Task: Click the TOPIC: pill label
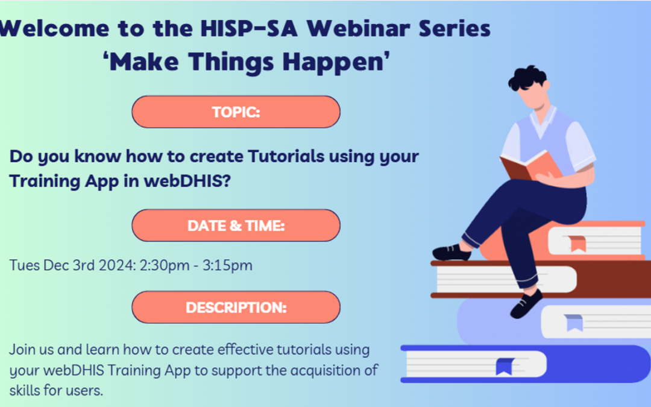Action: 236,112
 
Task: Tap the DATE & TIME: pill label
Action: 236,226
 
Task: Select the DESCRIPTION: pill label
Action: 236,308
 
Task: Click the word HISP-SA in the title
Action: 249,28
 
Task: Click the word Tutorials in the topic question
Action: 286,156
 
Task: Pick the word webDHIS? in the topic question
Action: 187,181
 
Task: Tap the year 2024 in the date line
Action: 117,265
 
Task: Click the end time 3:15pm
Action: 227,265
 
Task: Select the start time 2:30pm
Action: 165,265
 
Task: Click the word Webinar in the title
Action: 359,28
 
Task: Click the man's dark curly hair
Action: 526,78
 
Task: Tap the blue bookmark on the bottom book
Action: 505,367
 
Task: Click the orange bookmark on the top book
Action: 577,244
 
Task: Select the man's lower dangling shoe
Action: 526,304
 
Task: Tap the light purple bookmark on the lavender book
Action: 574,322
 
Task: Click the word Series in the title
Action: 454,28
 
